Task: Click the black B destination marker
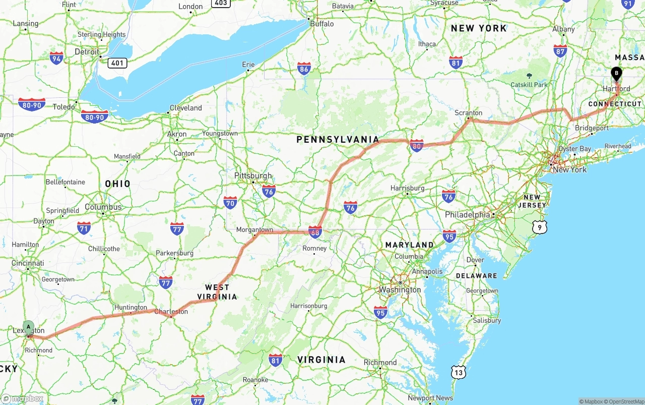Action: click(616, 74)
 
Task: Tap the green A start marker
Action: click(29, 327)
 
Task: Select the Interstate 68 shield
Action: click(315, 232)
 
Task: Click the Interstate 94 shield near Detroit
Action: click(56, 58)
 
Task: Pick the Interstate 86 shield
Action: click(303, 69)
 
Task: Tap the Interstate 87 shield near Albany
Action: click(560, 50)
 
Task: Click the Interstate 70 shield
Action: click(230, 202)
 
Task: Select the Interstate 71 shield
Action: click(84, 227)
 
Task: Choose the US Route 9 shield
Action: click(540, 227)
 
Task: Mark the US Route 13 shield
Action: click(458, 372)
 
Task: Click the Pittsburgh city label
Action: click(253, 176)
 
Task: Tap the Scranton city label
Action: click(468, 112)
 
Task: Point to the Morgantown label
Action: click(254, 229)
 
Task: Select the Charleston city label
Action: click(171, 311)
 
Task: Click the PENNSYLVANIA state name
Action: click(338, 139)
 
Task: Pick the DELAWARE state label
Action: click(476, 276)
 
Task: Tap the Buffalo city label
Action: click(321, 24)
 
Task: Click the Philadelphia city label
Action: click(467, 214)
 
